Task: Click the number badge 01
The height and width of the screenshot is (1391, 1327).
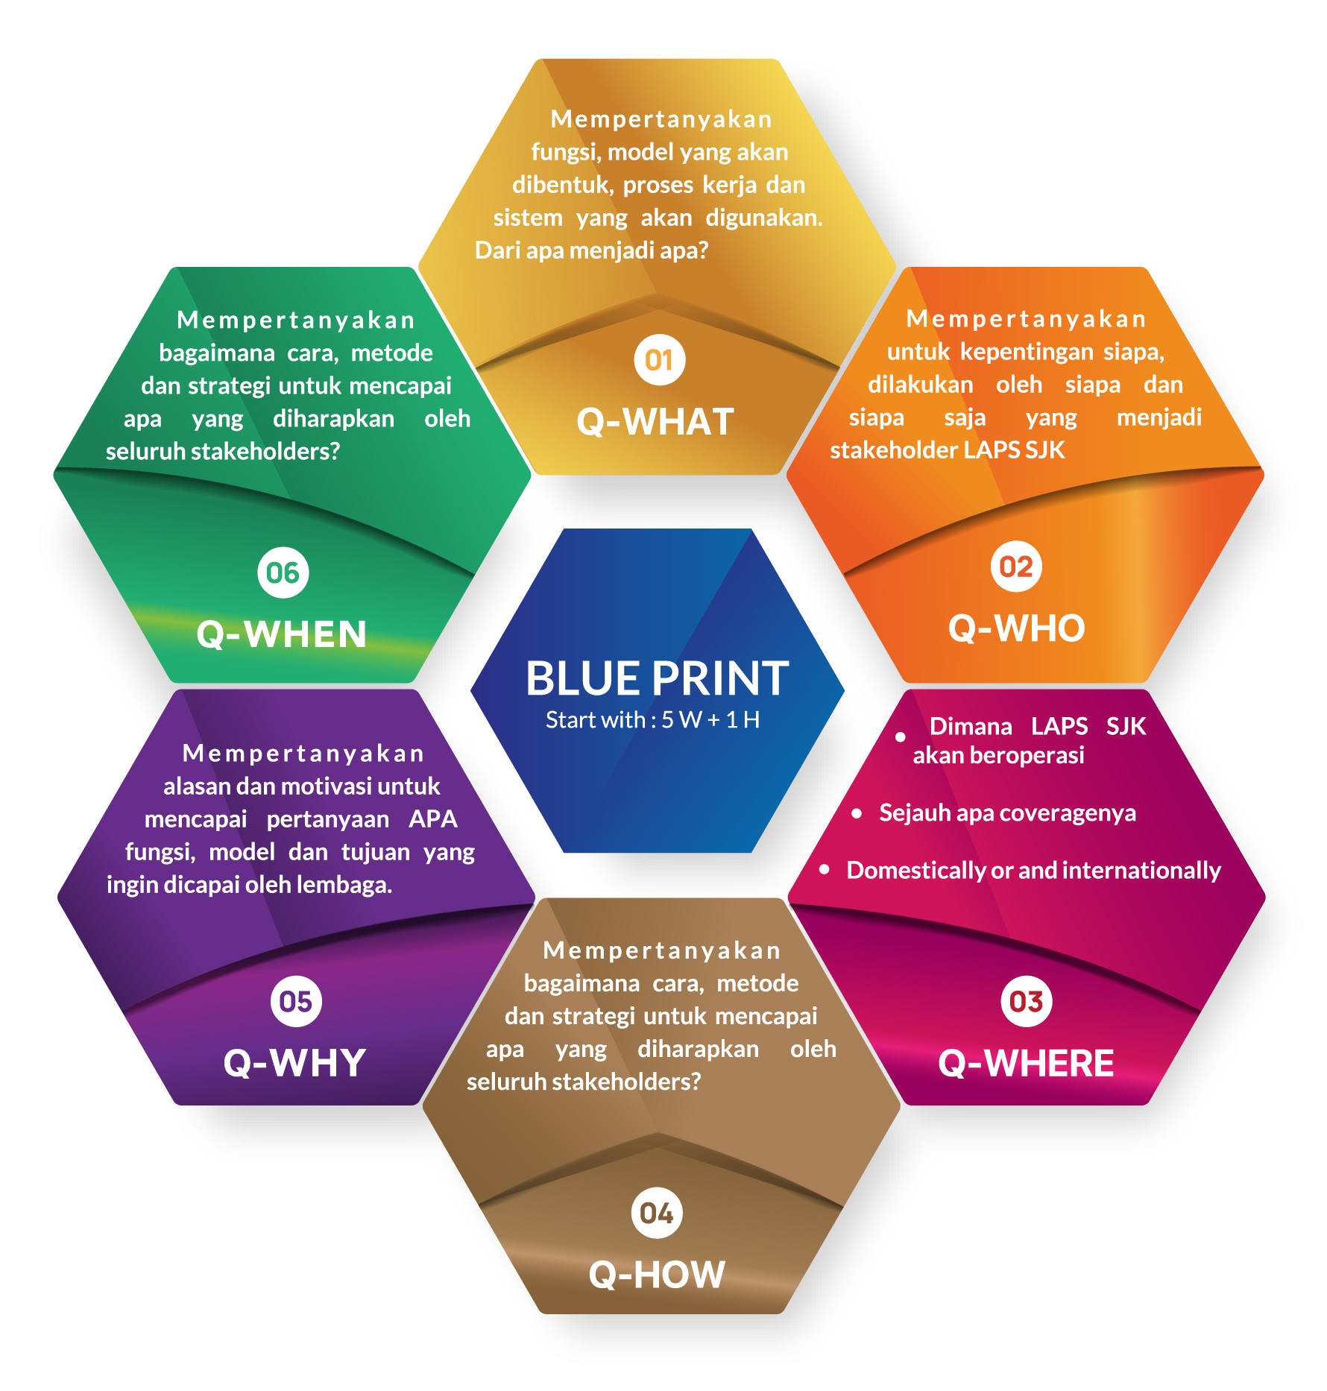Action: pyautogui.click(x=659, y=361)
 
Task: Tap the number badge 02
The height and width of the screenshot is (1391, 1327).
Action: pyautogui.click(x=1015, y=567)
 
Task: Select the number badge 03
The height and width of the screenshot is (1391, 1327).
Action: pyautogui.click(x=1026, y=1001)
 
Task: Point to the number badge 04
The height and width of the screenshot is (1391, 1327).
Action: pyautogui.click(x=656, y=1213)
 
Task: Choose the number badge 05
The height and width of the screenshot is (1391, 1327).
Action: pyautogui.click(x=296, y=1001)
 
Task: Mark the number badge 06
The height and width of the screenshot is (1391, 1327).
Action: pyautogui.click(x=283, y=573)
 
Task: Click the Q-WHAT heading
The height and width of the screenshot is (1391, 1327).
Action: pyautogui.click(x=655, y=422)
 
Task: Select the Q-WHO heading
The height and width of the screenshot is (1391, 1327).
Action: pyautogui.click(x=1016, y=628)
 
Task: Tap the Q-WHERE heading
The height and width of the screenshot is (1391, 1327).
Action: pyautogui.click(x=1026, y=1063)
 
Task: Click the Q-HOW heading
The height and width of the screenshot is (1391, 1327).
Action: pyautogui.click(x=657, y=1275)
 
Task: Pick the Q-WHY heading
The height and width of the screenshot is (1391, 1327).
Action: pyautogui.click(x=294, y=1063)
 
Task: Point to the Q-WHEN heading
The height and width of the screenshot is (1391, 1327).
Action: pyautogui.click(x=282, y=634)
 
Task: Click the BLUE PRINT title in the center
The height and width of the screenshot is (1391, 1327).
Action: pyautogui.click(x=657, y=678)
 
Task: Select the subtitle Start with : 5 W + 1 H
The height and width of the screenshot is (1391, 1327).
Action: pyautogui.click(x=652, y=720)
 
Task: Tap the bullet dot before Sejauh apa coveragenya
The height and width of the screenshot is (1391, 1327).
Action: pyautogui.click(x=857, y=813)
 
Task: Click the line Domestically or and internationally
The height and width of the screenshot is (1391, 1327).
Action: pyautogui.click(x=1033, y=870)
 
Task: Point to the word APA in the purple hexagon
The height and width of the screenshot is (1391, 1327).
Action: pyautogui.click(x=432, y=819)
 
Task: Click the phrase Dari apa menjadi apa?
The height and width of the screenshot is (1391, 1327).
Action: pyautogui.click(x=591, y=250)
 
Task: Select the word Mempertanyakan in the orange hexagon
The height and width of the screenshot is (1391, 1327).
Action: pyautogui.click(x=1026, y=319)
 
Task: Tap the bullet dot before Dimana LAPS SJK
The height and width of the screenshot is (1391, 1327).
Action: pyautogui.click(x=901, y=736)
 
